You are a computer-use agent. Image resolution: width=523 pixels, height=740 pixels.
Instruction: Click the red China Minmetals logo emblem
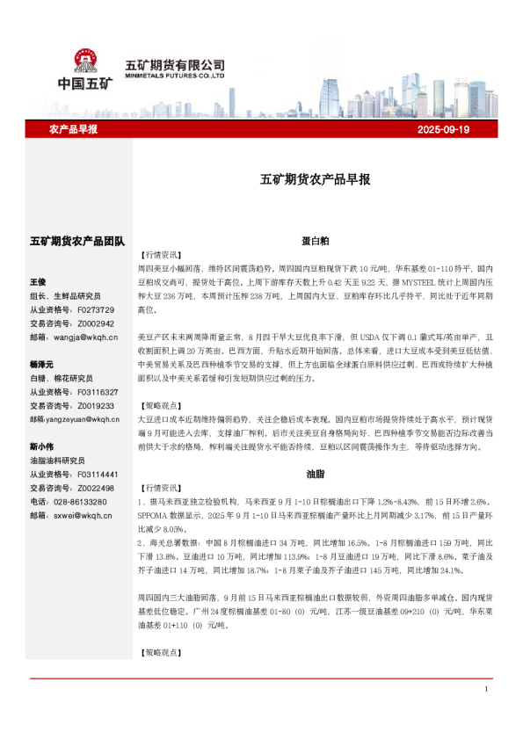[x=85, y=62]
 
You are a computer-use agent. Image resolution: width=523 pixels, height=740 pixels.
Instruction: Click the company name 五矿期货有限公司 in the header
[x=176, y=65]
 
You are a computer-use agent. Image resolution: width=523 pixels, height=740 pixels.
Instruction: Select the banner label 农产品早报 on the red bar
[x=73, y=129]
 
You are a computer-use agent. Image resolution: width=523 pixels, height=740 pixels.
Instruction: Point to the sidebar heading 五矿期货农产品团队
[x=77, y=240]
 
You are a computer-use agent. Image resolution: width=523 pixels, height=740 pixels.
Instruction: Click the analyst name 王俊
[x=38, y=282]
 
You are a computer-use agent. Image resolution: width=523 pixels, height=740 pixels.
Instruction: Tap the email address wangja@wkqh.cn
[x=85, y=336]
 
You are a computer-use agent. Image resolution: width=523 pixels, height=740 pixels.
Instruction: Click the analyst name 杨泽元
[x=42, y=364]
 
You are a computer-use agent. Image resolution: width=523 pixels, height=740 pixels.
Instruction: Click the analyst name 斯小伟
[x=42, y=446]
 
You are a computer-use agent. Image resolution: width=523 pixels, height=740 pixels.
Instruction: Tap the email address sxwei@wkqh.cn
[x=83, y=516]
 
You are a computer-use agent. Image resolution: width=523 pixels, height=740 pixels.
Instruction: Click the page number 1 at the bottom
[x=485, y=714]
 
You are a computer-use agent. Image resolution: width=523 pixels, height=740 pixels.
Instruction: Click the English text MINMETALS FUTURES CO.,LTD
[x=176, y=76]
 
